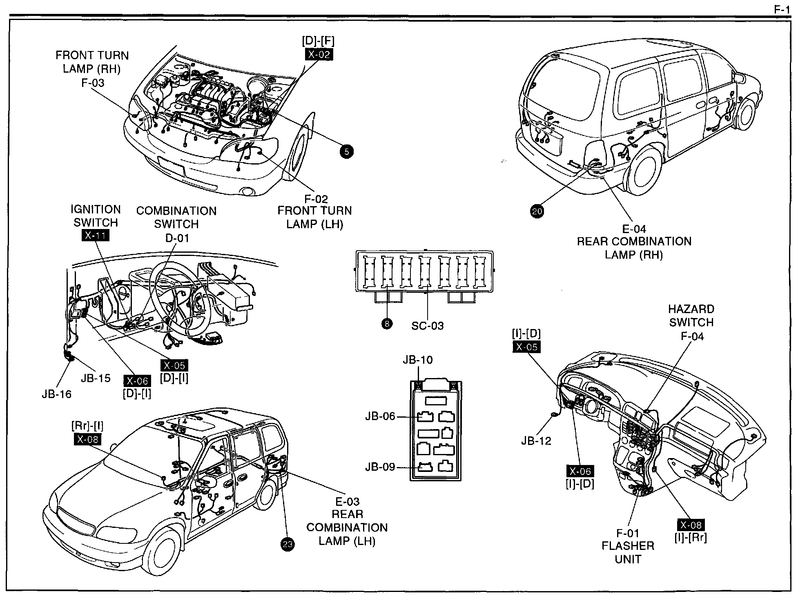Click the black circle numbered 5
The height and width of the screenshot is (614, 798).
(346, 152)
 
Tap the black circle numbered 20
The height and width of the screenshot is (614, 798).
(537, 211)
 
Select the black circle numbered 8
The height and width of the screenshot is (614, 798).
(386, 324)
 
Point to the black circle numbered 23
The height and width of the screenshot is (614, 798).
(288, 545)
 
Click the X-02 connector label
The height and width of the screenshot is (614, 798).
(319, 54)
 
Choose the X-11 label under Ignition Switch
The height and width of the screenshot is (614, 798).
(96, 236)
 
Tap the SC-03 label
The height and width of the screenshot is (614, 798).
(427, 326)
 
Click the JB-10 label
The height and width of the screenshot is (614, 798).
(417, 360)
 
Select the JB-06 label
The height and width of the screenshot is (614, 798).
(380, 416)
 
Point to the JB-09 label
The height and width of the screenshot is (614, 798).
(380, 467)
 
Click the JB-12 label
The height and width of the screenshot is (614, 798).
(536, 441)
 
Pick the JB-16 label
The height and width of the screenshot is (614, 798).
(56, 394)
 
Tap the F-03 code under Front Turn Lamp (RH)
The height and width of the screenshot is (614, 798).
(93, 83)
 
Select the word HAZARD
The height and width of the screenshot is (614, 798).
(691, 309)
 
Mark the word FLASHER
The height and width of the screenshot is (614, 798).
(628, 546)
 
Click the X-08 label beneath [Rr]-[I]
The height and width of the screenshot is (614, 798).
(87, 439)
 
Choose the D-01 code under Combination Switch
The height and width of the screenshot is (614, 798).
(177, 238)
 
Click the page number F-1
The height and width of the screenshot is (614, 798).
(782, 10)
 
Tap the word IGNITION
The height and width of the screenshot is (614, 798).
(96, 209)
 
